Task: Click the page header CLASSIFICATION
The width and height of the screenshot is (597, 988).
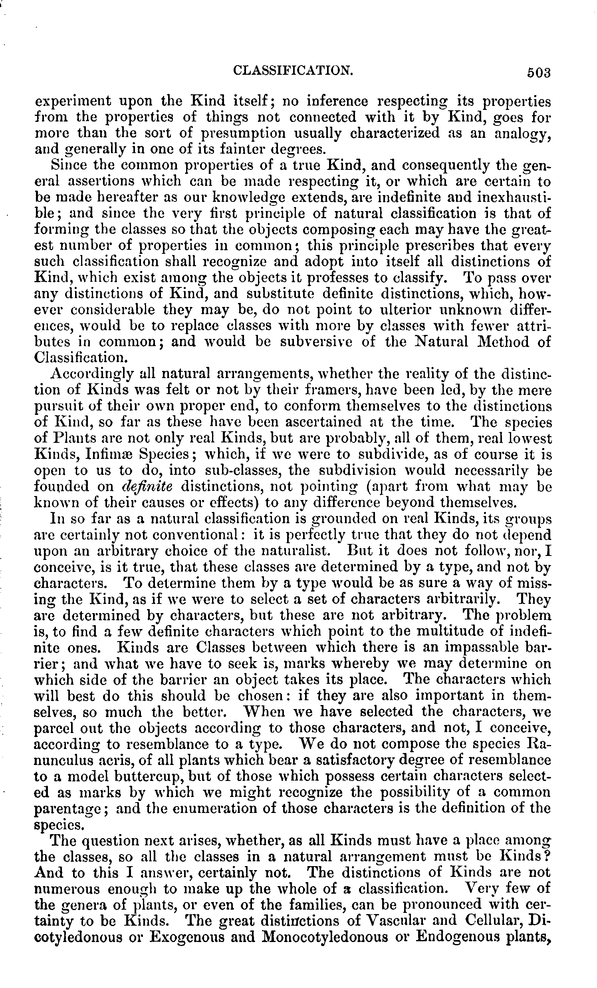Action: tap(292, 71)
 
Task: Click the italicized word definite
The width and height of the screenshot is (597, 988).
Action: tap(147, 487)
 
